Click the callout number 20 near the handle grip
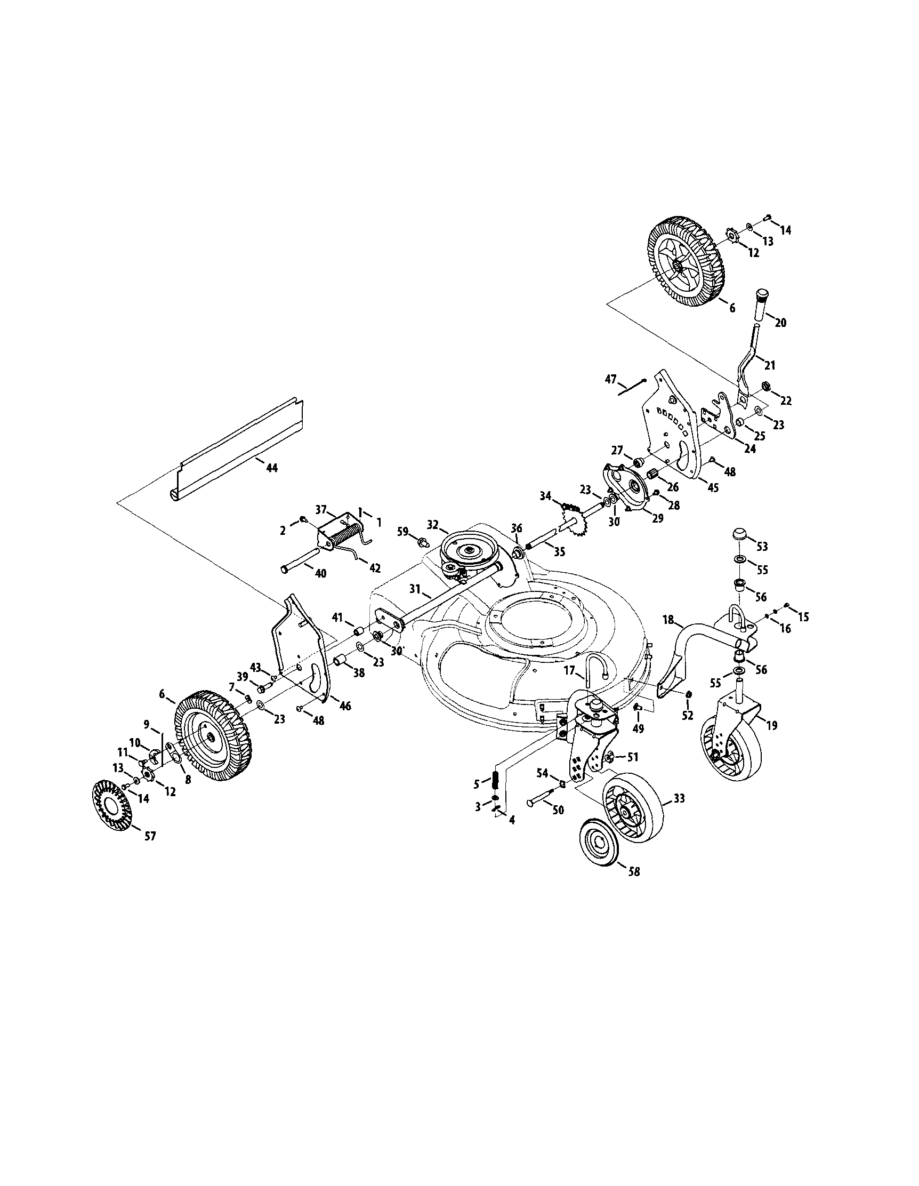coord(780,323)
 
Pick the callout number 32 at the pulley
coord(432,525)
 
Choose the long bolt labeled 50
coord(540,803)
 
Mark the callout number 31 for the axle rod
coord(415,588)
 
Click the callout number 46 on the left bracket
coord(345,706)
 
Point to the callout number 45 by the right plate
coord(713,487)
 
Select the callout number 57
coord(150,837)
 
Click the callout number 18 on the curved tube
coord(668,619)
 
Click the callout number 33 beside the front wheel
coord(679,798)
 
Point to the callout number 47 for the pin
coord(611,379)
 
